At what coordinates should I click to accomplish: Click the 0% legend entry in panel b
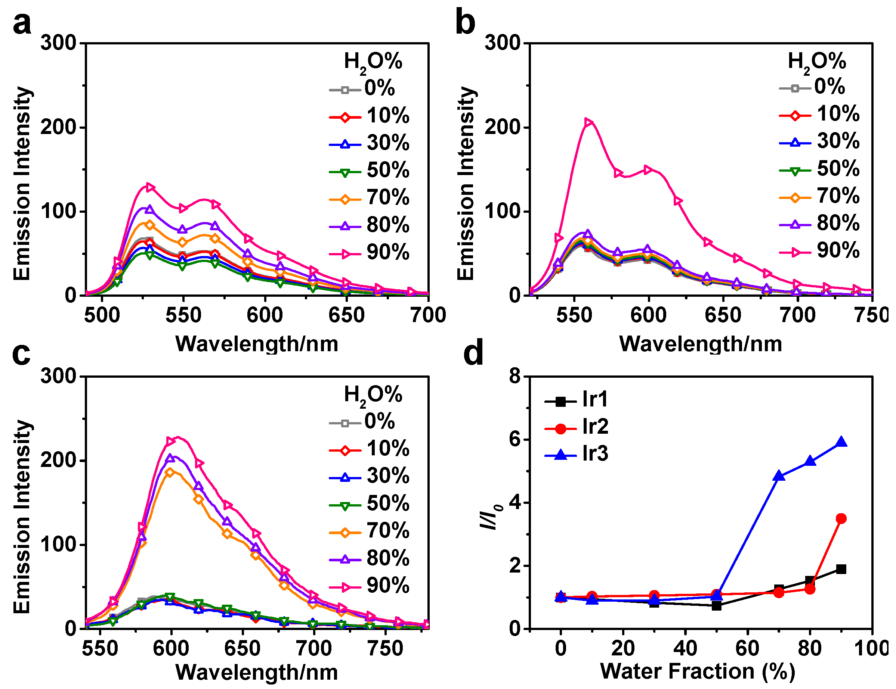click(812, 87)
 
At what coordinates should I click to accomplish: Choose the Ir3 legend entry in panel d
click(577, 453)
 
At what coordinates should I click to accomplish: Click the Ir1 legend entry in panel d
click(577, 399)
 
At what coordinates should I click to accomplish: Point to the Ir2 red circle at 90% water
click(841, 518)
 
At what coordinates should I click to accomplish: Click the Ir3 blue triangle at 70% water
click(779, 476)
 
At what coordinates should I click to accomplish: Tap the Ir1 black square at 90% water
click(841, 569)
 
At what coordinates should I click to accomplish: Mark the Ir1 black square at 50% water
click(716, 605)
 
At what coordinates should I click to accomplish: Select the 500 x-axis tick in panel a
click(102, 315)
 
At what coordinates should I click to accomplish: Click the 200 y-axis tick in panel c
click(58, 460)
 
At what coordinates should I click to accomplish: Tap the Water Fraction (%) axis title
click(698, 671)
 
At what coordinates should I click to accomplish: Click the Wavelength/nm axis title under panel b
click(700, 343)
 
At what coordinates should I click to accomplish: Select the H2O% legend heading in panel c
click(373, 395)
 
